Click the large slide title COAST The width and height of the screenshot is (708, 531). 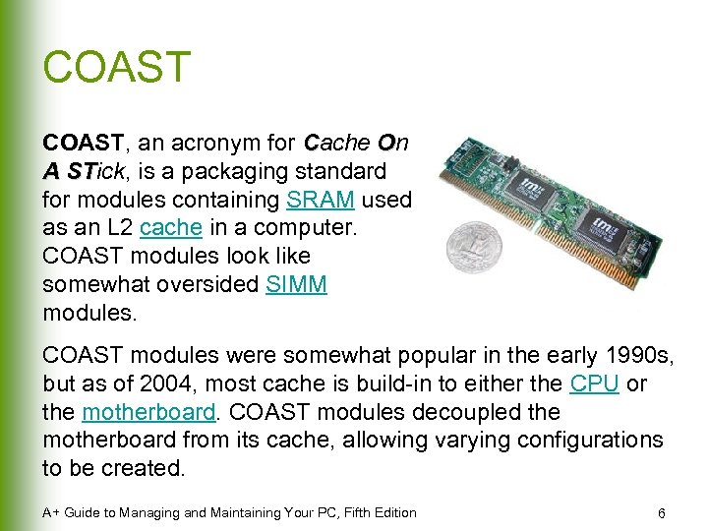[x=116, y=68]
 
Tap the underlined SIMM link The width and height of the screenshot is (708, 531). [x=297, y=285]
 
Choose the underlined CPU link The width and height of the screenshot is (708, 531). [x=594, y=383]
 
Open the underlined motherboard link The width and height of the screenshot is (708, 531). [x=147, y=412]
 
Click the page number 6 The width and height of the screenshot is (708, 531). [x=662, y=513]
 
